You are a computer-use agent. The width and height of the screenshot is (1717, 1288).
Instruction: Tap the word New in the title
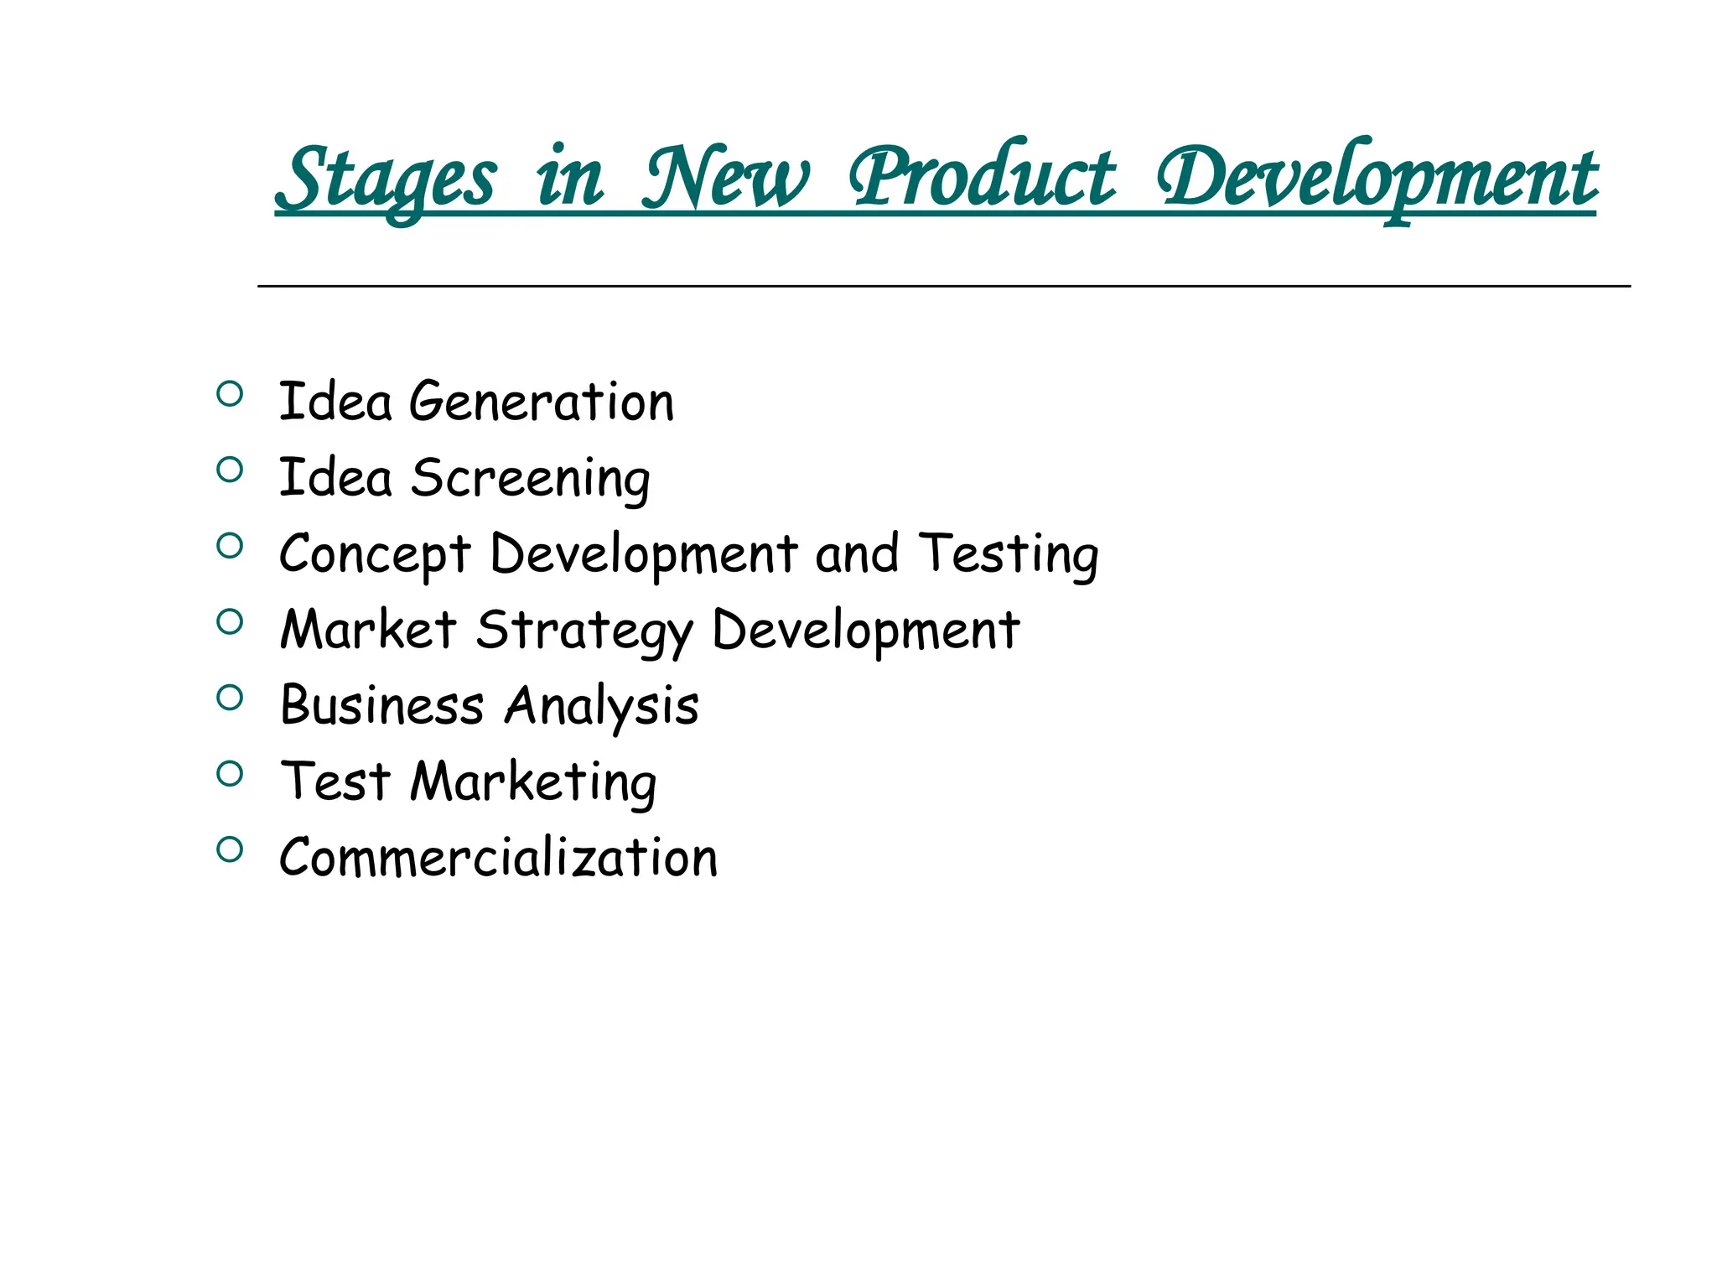click(x=726, y=178)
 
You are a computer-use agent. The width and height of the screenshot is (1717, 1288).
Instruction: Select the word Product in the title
click(x=983, y=176)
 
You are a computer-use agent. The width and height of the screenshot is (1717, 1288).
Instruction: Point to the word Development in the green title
click(x=1377, y=178)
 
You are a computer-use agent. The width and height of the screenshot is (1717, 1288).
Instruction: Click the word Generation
click(x=542, y=402)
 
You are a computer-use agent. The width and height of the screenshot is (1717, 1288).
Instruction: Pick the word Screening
click(x=530, y=479)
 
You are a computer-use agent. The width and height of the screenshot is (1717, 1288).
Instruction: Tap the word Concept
click(x=375, y=554)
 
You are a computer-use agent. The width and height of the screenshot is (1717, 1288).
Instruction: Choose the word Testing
click(x=1009, y=554)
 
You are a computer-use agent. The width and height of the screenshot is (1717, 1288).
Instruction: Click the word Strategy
click(x=584, y=631)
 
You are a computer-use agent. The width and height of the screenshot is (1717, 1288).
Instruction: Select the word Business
click(x=382, y=705)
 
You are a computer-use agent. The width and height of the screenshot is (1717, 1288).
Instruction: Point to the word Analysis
click(x=601, y=706)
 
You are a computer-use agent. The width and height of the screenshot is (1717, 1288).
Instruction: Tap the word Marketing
click(x=533, y=782)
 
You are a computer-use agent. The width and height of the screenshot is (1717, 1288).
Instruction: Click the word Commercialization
click(x=499, y=858)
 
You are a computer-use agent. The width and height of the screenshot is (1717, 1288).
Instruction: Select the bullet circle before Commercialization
click(x=230, y=849)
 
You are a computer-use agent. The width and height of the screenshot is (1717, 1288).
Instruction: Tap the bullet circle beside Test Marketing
click(x=230, y=773)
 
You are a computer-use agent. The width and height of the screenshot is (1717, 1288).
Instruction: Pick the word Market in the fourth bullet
click(x=369, y=630)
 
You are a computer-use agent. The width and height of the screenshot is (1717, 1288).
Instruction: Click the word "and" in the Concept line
click(x=857, y=554)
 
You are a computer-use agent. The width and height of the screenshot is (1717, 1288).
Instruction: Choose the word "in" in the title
click(x=569, y=178)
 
